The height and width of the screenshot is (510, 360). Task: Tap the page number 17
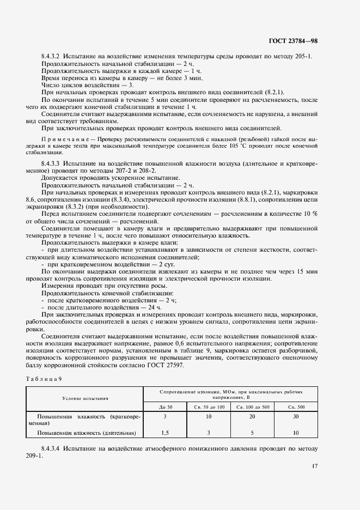315,465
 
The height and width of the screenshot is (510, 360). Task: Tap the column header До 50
165,407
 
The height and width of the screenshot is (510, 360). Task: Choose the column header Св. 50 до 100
209,407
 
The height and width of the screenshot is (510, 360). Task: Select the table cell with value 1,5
165,434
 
